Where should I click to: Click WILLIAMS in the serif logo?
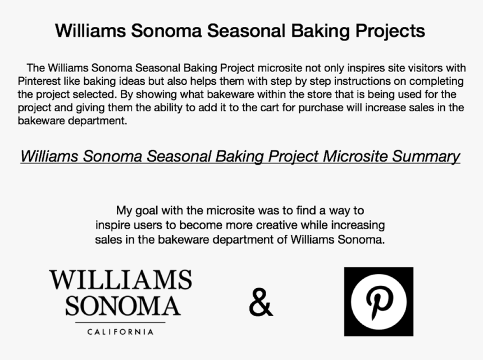click(x=120, y=280)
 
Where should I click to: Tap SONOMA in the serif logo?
click(x=122, y=306)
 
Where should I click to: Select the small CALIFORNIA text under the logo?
click(x=120, y=332)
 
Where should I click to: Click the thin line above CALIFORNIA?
click(x=120, y=323)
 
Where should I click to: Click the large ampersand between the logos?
click(x=261, y=303)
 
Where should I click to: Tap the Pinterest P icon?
click(x=379, y=302)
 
